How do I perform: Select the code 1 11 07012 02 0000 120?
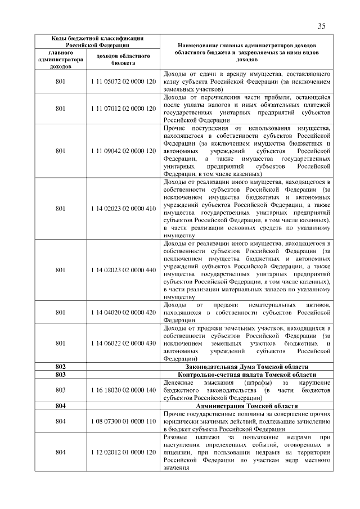pyautogui.click(x=123, y=108)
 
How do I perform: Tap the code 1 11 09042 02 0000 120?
pyautogui.click(x=123, y=151)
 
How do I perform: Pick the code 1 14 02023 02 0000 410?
pyautogui.click(x=123, y=209)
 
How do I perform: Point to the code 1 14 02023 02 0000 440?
pyautogui.click(x=123, y=270)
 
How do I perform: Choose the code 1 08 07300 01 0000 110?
pyautogui.click(x=123, y=421)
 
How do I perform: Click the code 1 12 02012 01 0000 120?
pyautogui.click(x=123, y=452)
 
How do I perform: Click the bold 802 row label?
pyautogui.click(x=61, y=366)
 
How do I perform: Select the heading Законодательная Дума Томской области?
pyautogui.click(x=246, y=366)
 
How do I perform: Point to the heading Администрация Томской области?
pyautogui.click(x=246, y=405)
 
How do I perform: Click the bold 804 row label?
pyautogui.click(x=61, y=405)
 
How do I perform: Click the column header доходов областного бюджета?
pyautogui.click(x=123, y=60)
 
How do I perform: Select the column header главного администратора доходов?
pyautogui.click(x=61, y=60)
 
